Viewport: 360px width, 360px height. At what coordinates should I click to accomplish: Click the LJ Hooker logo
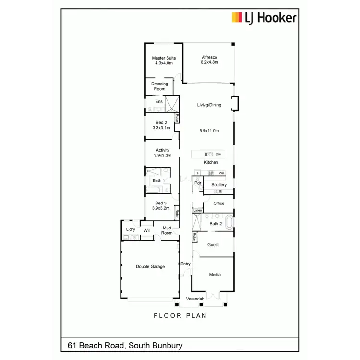click(264, 18)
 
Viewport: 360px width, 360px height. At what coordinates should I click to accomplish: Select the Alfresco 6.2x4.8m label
click(209, 60)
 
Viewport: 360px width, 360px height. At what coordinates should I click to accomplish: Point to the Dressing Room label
click(159, 86)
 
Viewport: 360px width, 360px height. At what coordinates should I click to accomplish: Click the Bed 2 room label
click(162, 125)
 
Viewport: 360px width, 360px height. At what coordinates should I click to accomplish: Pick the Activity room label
click(162, 153)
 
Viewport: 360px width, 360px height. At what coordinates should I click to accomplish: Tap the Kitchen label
click(211, 162)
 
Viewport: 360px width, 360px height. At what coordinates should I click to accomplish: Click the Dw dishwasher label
click(218, 154)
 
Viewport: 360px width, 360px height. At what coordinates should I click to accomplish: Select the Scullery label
click(219, 185)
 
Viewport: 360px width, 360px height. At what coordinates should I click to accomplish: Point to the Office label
click(219, 204)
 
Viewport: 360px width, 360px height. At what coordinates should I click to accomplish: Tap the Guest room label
click(213, 245)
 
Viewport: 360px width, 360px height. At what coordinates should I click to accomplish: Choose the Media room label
click(215, 275)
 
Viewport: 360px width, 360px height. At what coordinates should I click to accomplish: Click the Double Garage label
click(150, 267)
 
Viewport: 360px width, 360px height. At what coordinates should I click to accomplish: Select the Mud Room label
click(167, 231)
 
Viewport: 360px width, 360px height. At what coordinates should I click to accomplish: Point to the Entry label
click(185, 264)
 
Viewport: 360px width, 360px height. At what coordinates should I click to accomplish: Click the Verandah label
click(195, 299)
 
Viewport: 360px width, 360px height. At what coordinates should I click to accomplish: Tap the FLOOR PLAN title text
click(180, 315)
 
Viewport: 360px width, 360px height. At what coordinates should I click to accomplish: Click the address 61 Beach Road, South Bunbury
click(125, 345)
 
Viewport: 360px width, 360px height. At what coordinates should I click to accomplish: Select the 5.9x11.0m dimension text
click(209, 131)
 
